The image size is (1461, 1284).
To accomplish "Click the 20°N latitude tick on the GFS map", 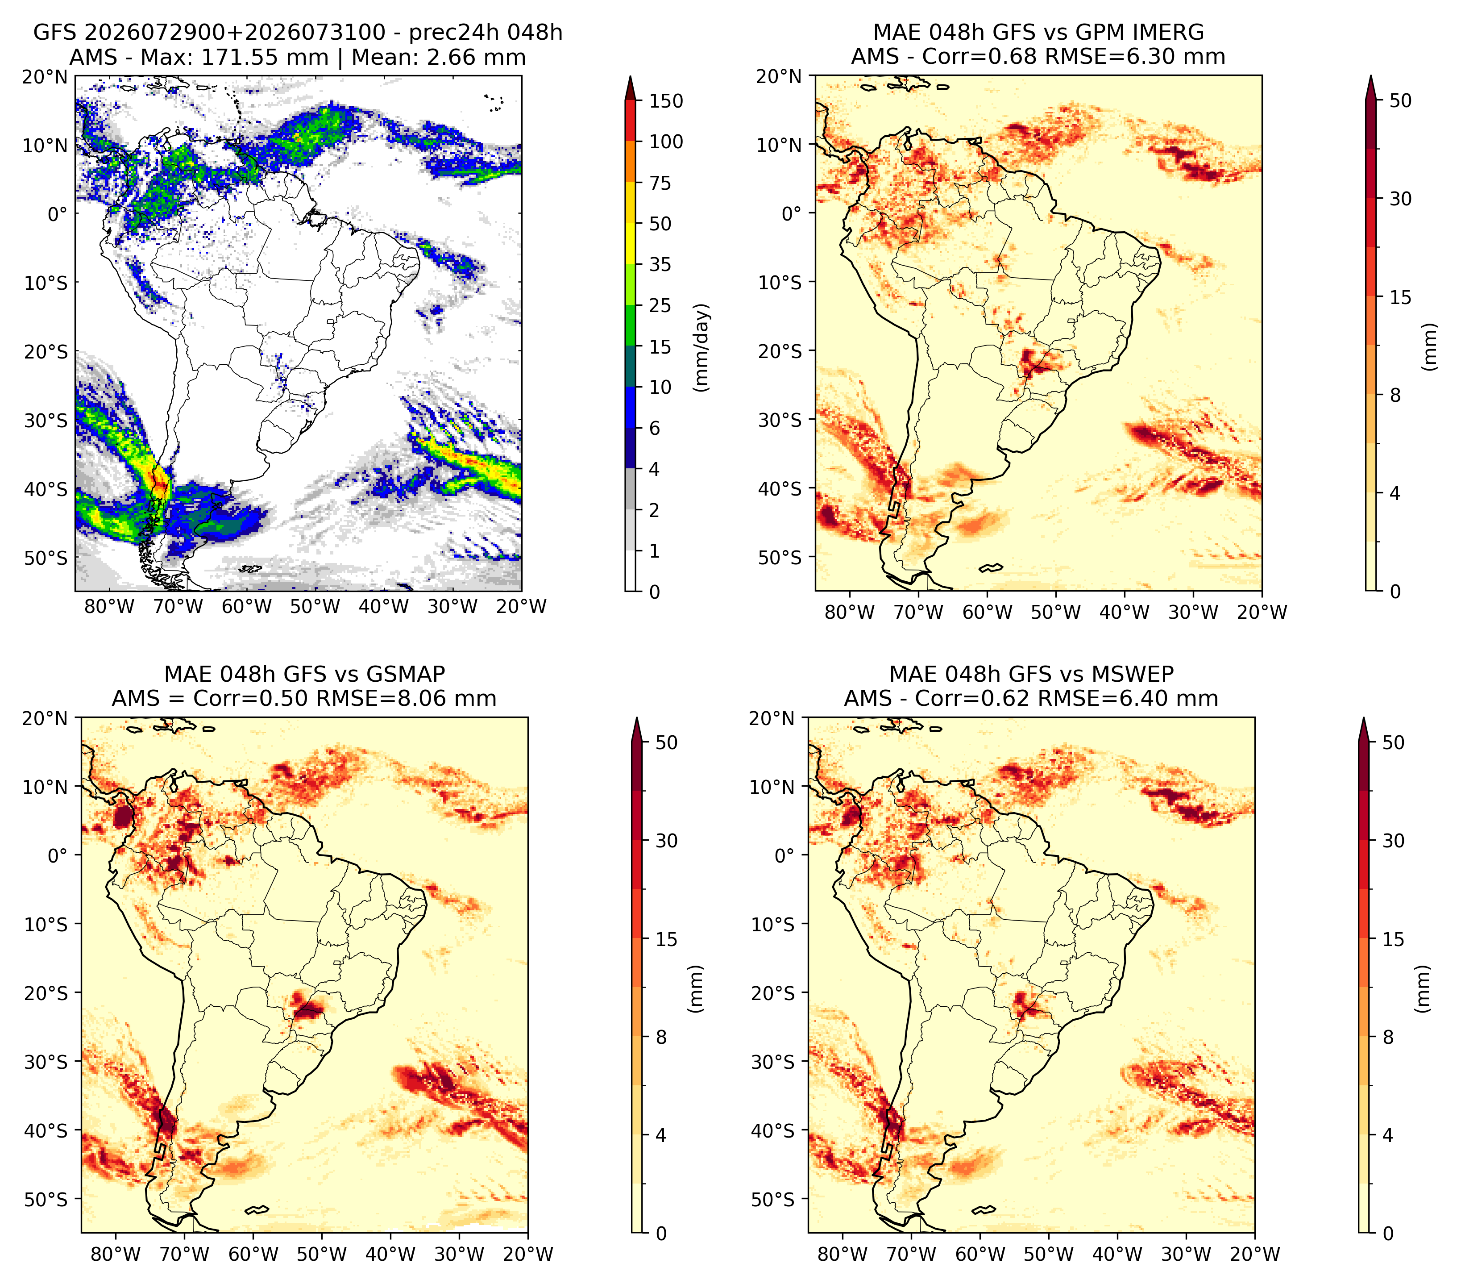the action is pyautogui.click(x=44, y=76).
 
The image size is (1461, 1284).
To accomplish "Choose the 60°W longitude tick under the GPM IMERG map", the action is pyautogui.click(x=987, y=612).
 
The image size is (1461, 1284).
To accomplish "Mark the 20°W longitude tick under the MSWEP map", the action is pyautogui.click(x=1254, y=1254).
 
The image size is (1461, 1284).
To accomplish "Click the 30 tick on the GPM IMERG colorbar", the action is pyautogui.click(x=1400, y=199).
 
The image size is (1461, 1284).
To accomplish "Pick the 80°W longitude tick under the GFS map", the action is pyautogui.click(x=109, y=607).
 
